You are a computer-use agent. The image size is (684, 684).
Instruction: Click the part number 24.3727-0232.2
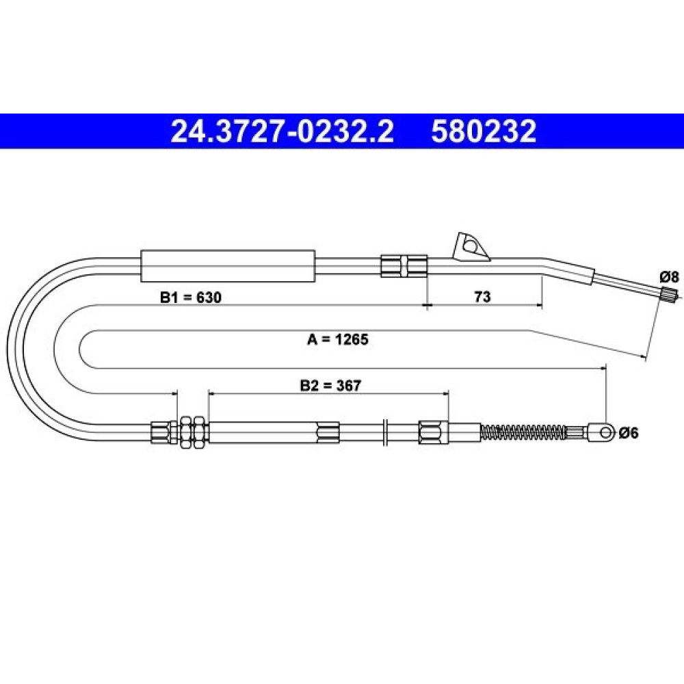coord(282,131)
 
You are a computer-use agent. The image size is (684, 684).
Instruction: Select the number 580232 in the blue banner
coord(484,131)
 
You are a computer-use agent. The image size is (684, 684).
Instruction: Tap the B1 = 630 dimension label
coord(191,297)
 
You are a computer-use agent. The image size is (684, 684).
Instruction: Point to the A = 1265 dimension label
coord(338,339)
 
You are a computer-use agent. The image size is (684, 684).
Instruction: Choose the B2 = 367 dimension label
coord(330,385)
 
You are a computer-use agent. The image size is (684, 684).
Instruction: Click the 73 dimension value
coord(482,297)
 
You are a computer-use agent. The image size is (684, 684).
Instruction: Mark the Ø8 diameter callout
coord(670,276)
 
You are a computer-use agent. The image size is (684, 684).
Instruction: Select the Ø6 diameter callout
coord(629,433)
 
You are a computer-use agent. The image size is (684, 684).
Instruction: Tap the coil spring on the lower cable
coord(523,432)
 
